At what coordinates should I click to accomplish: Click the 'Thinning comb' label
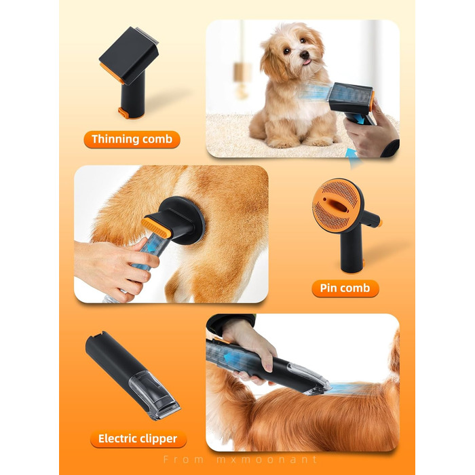[132, 139]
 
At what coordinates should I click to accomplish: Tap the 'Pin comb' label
[345, 288]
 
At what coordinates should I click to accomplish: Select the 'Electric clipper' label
[138, 438]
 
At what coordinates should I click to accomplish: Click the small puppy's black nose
[305, 54]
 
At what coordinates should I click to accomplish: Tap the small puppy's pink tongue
[307, 62]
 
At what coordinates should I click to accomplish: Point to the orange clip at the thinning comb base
[124, 113]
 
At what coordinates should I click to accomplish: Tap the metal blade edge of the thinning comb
[147, 34]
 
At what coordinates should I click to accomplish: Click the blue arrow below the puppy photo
[354, 157]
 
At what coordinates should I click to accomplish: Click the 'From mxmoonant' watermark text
[240, 459]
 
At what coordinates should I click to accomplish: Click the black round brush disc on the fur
[183, 220]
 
